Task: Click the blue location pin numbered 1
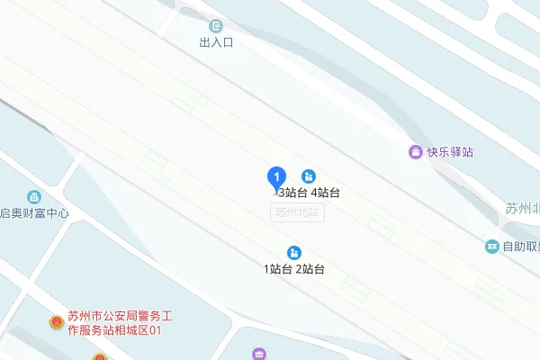pyautogui.click(x=278, y=177)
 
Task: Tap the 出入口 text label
pyautogui.click(x=216, y=42)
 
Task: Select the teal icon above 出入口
pyautogui.click(x=215, y=26)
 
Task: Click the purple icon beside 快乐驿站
pyautogui.click(x=415, y=151)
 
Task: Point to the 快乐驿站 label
pyautogui.click(x=450, y=152)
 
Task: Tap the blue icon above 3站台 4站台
pyautogui.click(x=309, y=175)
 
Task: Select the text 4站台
pyautogui.click(x=325, y=193)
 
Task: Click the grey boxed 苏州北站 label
pyautogui.click(x=299, y=212)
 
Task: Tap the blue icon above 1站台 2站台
pyautogui.click(x=293, y=252)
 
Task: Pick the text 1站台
pyautogui.click(x=278, y=269)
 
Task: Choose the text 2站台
pyautogui.click(x=310, y=269)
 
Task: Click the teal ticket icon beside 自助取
pyautogui.click(x=492, y=246)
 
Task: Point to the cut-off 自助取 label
pyautogui.click(x=521, y=246)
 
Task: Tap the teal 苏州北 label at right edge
pyautogui.click(x=522, y=209)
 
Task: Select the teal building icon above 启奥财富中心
pyautogui.click(x=34, y=196)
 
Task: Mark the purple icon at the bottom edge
pyautogui.click(x=259, y=354)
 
